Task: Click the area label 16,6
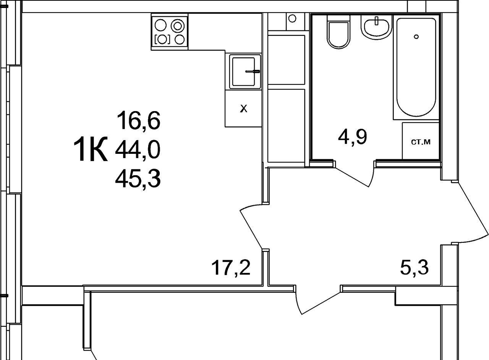tap(139, 120)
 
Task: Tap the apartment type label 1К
tap(91, 149)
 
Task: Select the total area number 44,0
tap(138, 150)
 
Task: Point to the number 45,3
tap(138, 179)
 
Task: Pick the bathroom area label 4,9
tap(352, 137)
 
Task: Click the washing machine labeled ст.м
tap(421, 141)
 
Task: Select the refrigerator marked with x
tap(243, 108)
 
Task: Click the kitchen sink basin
tap(244, 71)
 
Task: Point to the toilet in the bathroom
tap(338, 32)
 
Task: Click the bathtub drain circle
tap(416, 37)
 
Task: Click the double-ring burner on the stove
tap(178, 26)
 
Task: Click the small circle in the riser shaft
tap(292, 19)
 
